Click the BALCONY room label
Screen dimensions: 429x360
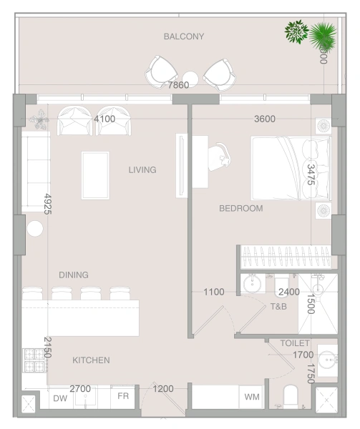click(183, 36)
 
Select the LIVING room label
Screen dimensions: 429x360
click(142, 170)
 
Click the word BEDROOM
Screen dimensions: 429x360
click(240, 209)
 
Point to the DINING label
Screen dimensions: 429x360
click(74, 275)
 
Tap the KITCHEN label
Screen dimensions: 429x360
click(91, 360)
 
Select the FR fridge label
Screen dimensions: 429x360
click(123, 396)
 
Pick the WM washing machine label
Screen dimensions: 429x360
click(252, 396)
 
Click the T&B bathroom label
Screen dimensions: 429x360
click(278, 306)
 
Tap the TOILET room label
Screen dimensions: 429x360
click(295, 343)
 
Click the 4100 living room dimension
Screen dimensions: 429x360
click(104, 119)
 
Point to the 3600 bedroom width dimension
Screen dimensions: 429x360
click(265, 119)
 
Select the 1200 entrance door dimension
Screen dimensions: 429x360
click(164, 389)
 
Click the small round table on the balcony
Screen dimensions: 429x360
click(190, 79)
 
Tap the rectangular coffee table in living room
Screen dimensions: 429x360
click(94, 174)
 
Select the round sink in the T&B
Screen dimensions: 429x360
click(251, 285)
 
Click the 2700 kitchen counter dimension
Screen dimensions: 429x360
click(80, 389)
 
